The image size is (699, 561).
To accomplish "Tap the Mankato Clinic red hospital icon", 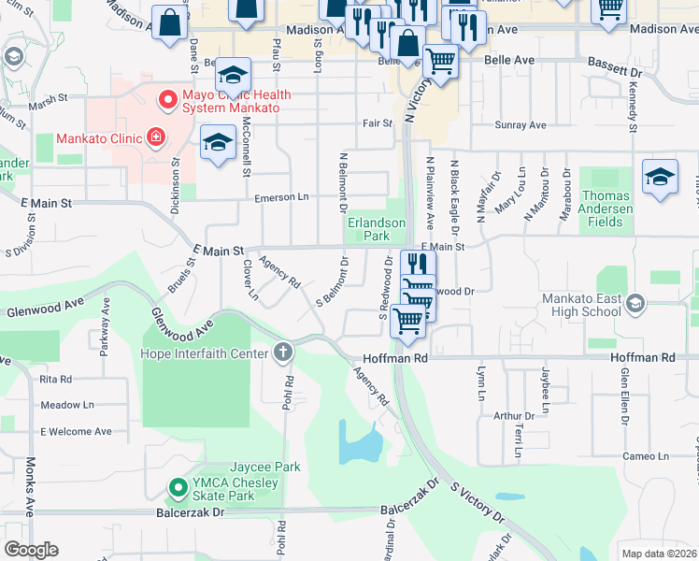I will coord(156,138).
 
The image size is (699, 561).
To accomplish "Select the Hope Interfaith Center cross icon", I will coord(282,352).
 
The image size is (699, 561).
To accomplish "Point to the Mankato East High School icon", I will coord(635,303).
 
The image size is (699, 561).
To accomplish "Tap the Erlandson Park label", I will coord(377,230).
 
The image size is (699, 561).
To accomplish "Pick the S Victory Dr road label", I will coord(477,502).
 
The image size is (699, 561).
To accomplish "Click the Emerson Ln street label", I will coord(281,197).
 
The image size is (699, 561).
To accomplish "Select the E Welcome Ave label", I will coord(76,432).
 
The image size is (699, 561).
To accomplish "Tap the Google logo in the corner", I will coord(31,550).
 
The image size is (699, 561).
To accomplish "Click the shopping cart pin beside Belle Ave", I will coord(440,62).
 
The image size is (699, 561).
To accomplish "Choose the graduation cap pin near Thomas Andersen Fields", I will coord(660,177).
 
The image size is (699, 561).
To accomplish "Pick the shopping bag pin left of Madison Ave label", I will coord(168,24).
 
